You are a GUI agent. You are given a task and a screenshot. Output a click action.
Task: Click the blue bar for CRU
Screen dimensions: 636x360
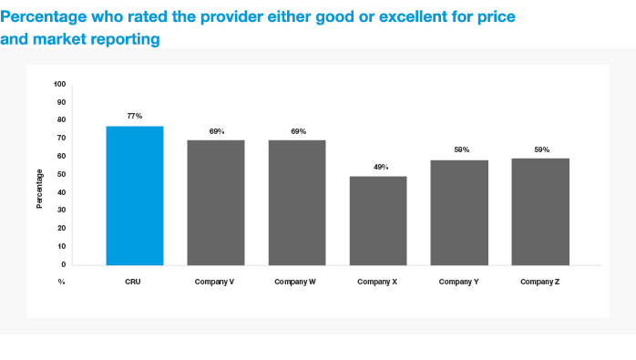135,196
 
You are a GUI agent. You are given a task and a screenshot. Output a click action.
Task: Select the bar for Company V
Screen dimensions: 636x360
216,203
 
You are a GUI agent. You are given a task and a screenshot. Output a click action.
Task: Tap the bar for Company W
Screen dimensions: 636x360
297,203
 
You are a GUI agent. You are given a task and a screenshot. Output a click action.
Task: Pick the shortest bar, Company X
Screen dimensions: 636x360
378,221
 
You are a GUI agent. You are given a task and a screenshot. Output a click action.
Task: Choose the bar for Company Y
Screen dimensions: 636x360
459,212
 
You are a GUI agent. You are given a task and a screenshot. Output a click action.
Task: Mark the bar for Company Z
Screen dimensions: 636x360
540,211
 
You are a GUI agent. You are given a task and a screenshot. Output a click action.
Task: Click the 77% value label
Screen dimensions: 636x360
135,116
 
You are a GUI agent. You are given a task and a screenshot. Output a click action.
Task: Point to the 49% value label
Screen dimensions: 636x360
381,167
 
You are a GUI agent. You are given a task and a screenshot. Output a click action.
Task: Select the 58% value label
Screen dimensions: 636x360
462,149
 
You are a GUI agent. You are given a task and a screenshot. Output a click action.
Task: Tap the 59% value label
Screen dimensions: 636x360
542,149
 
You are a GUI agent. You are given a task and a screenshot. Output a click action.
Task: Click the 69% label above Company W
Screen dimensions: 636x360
299,131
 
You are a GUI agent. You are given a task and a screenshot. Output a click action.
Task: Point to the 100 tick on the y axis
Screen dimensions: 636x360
59,84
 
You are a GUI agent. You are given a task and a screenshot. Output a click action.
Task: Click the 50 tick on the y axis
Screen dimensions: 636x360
62,174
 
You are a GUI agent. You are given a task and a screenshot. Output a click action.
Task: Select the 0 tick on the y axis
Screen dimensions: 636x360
64,264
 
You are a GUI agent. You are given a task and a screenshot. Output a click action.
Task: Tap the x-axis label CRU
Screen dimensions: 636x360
133,282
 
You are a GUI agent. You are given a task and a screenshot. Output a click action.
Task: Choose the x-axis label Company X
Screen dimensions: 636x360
377,282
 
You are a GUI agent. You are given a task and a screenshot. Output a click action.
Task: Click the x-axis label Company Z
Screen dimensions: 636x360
539,282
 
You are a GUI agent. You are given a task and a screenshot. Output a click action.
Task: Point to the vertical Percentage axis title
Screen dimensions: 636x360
39,189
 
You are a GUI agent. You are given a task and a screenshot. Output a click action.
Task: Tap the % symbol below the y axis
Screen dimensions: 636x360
61,282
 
